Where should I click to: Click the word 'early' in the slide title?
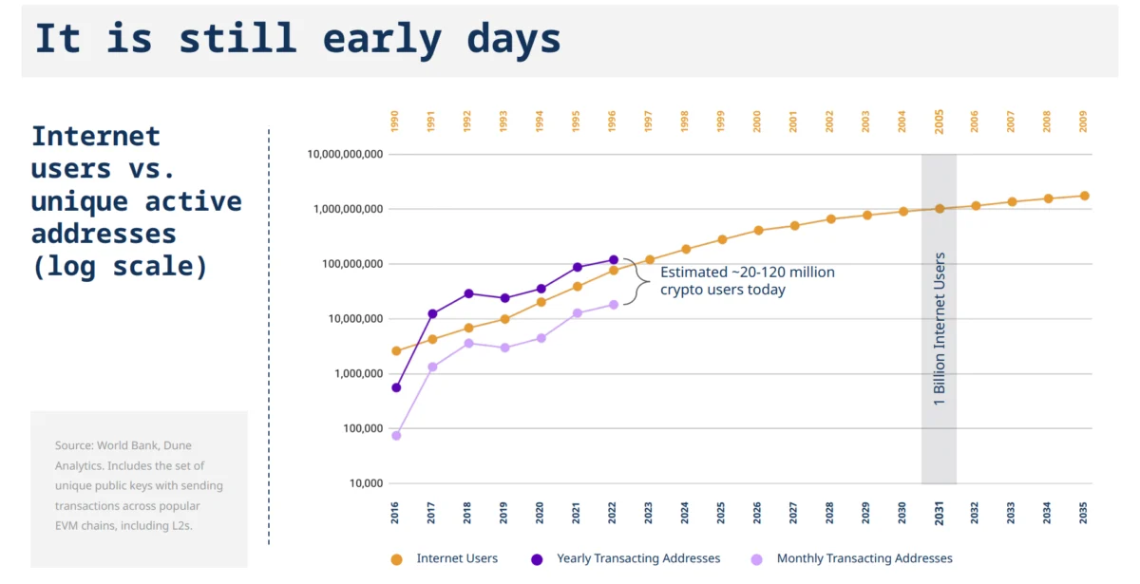coord(382,40)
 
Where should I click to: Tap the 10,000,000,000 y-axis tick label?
coord(345,154)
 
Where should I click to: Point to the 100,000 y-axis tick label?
coord(363,428)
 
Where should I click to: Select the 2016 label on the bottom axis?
coord(395,513)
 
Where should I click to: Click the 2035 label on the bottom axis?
coord(1084,513)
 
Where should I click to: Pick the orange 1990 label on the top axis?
coord(395,122)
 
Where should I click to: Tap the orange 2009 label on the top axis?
coord(1084,122)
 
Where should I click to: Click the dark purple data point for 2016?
coord(396,387)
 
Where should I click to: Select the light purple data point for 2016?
coord(396,436)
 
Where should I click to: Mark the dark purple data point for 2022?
coord(614,259)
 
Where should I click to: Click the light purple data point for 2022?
coord(614,305)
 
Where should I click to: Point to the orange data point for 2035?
coord(1085,196)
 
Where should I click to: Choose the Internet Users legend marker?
coord(396,559)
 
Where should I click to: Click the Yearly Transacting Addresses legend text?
coord(638,558)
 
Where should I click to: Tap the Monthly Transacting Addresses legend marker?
coord(757,559)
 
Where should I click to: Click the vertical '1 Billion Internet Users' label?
coord(939,329)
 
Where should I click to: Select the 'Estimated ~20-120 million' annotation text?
coord(748,273)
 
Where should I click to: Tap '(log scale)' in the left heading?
coord(120,266)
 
